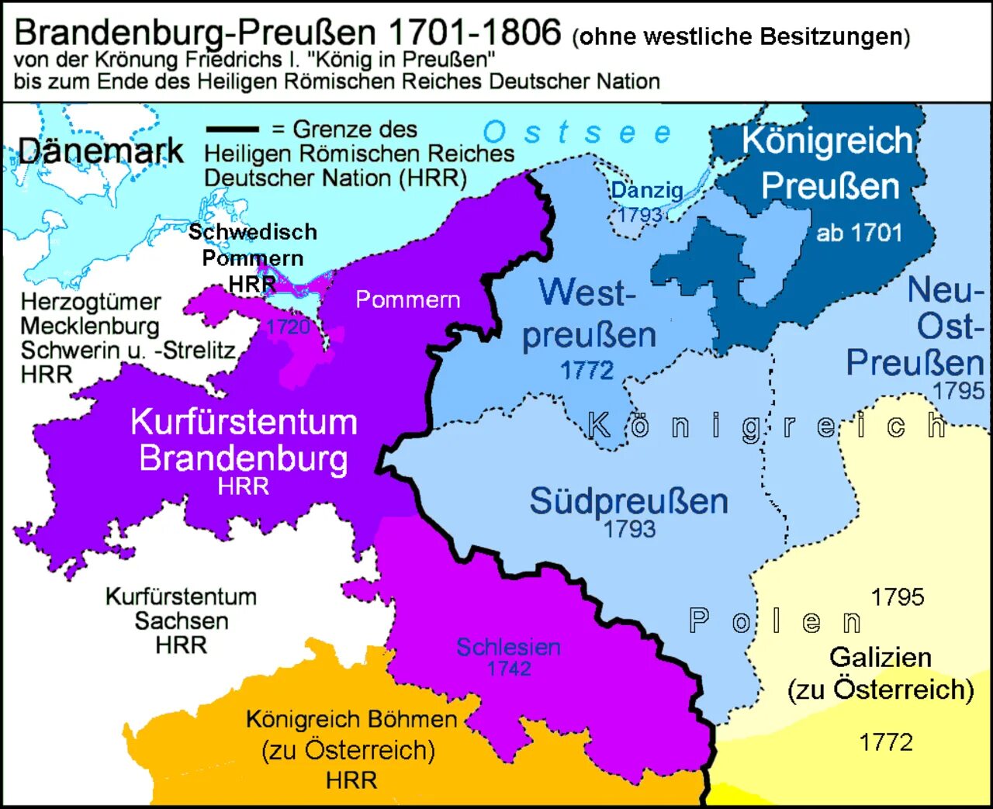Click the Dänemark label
(x=101, y=150)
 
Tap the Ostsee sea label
(x=577, y=133)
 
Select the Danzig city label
(x=646, y=190)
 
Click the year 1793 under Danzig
(x=640, y=214)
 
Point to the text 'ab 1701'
(x=859, y=233)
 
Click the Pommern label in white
(x=407, y=299)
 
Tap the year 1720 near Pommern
(x=288, y=327)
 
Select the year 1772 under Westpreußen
(x=587, y=371)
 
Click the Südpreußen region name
(x=628, y=501)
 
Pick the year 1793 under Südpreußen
(x=629, y=529)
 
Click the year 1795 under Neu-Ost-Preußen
(x=958, y=390)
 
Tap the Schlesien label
(x=508, y=647)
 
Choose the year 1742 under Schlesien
(x=509, y=669)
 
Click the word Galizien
(x=880, y=657)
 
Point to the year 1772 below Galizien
(x=885, y=742)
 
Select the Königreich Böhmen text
(x=351, y=719)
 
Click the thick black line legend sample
(x=232, y=129)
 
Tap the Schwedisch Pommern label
(x=252, y=244)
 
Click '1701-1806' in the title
(x=473, y=33)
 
